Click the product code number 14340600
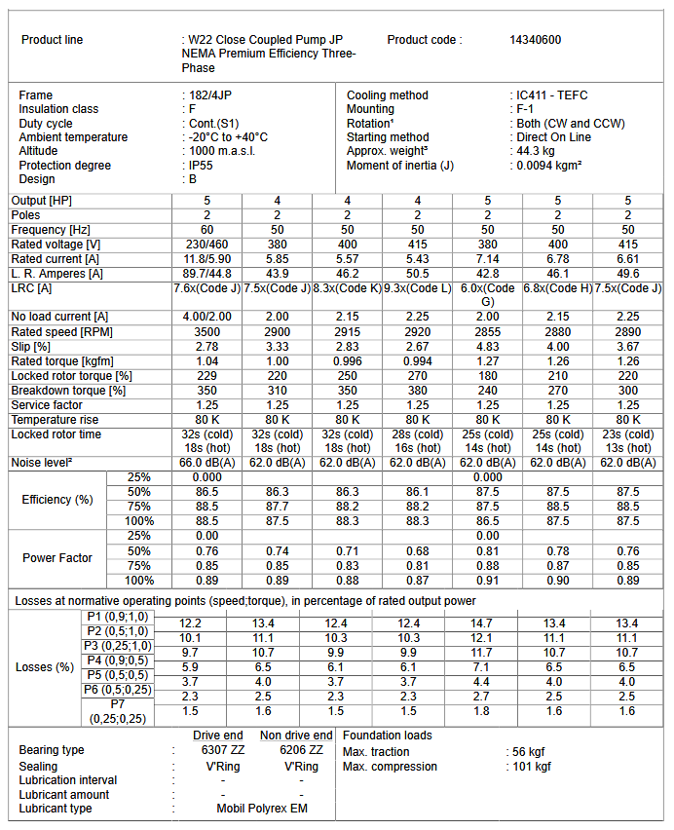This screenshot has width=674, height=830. (535, 40)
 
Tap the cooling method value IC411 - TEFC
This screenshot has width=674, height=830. (552, 95)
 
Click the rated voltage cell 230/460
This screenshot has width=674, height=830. (206, 244)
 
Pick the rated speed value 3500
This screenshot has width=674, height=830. (206, 332)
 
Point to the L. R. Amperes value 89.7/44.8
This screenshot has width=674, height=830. (206, 274)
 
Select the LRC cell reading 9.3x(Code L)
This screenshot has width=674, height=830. (417, 288)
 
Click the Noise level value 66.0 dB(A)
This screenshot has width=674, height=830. (206, 463)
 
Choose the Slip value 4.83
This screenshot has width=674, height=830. (487, 347)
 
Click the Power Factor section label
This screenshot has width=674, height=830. (57, 558)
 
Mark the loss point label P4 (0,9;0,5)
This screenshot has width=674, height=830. (118, 660)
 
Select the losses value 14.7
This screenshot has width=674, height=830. (487, 623)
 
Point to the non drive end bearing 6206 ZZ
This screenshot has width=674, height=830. (302, 750)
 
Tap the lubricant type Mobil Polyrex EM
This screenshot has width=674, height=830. (262, 809)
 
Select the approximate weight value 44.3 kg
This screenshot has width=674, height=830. (535, 151)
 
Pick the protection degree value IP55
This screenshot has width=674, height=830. (202, 166)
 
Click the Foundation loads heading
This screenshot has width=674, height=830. (388, 736)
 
